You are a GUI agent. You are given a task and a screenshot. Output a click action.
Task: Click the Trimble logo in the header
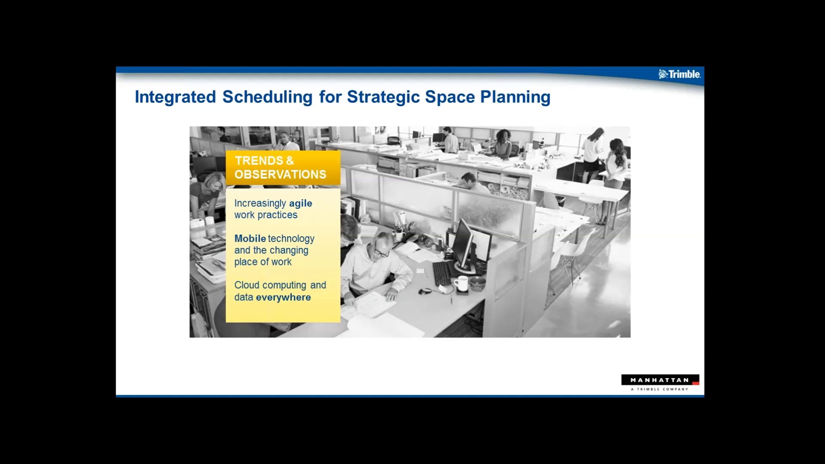(x=679, y=74)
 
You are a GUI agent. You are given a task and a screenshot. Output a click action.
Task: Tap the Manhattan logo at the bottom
(x=660, y=382)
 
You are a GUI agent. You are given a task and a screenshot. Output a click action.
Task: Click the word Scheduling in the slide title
(x=267, y=97)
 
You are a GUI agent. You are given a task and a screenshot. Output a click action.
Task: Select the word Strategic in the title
(x=383, y=97)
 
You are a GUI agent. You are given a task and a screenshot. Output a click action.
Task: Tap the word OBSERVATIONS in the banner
(x=280, y=174)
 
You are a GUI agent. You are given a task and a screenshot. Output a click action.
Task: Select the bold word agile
(x=300, y=203)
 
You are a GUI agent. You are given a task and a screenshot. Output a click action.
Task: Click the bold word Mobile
(x=250, y=238)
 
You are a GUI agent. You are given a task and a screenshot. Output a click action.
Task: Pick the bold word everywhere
(x=283, y=297)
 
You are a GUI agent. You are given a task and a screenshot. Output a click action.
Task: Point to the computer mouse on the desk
(x=425, y=291)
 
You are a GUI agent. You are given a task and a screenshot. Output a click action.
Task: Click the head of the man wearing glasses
(x=382, y=245)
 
